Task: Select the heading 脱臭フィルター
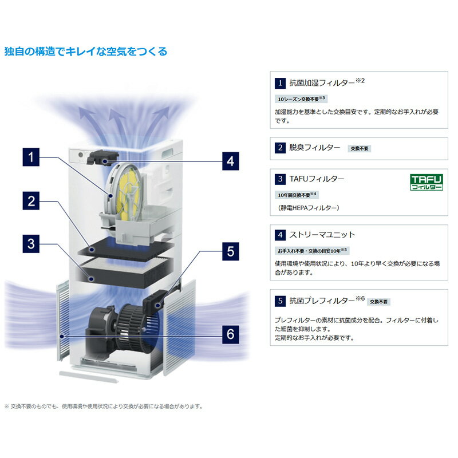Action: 314,148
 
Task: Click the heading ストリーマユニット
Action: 322,235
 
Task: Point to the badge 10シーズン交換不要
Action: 301,99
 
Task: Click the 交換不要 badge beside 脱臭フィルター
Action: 360,148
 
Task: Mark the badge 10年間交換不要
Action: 297,195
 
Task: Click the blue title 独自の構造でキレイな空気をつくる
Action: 86,52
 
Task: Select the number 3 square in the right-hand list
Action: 279,179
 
